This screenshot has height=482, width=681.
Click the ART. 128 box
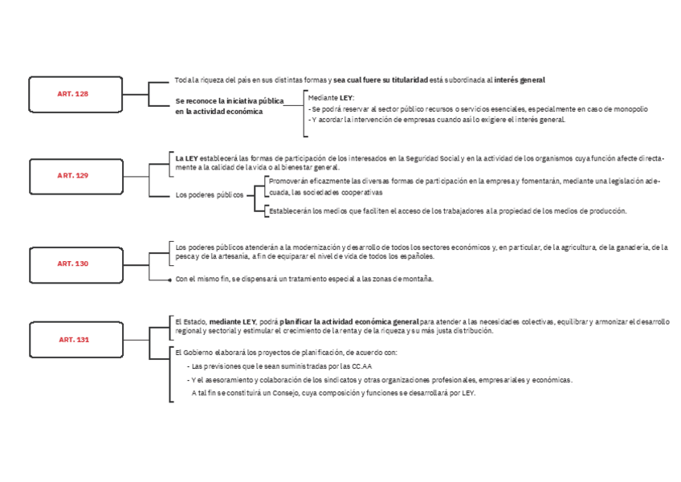(71, 94)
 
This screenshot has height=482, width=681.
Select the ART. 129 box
(72, 175)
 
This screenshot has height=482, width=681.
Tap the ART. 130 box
(72, 263)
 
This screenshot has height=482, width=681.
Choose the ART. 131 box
(73, 340)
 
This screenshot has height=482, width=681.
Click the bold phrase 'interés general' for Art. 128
(520, 80)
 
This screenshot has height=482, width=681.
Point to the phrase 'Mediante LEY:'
(330, 97)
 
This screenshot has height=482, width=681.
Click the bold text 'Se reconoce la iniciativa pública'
(230, 101)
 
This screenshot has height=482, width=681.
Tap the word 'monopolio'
(629, 108)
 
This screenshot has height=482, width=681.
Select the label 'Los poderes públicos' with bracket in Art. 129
(209, 195)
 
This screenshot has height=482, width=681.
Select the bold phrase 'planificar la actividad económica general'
(349, 321)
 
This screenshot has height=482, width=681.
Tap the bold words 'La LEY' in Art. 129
(186, 158)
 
